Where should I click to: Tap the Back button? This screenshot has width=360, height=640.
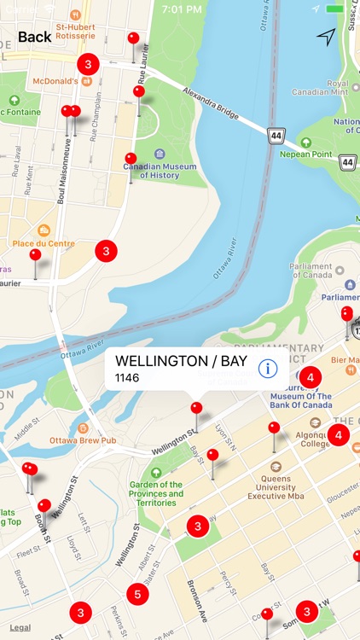pyautogui.click(x=34, y=37)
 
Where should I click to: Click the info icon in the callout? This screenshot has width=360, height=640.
pyautogui.click(x=268, y=369)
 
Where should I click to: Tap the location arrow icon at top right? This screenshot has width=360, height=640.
pyautogui.click(x=326, y=37)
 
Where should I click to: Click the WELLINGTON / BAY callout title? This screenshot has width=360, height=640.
pyautogui.click(x=180, y=361)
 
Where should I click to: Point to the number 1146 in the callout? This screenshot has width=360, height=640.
pyautogui.click(x=127, y=378)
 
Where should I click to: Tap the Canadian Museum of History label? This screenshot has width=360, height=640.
pyautogui.click(x=160, y=170)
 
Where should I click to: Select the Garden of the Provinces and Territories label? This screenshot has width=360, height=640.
pyautogui.click(x=156, y=493)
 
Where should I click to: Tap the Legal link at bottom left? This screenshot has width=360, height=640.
pyautogui.click(x=20, y=627)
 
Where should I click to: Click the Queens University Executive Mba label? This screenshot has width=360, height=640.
pyautogui.click(x=276, y=485)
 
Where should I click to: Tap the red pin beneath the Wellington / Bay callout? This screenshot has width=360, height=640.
pyautogui.click(x=196, y=410)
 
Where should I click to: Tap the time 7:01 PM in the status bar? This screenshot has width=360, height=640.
pyautogui.click(x=181, y=9)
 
